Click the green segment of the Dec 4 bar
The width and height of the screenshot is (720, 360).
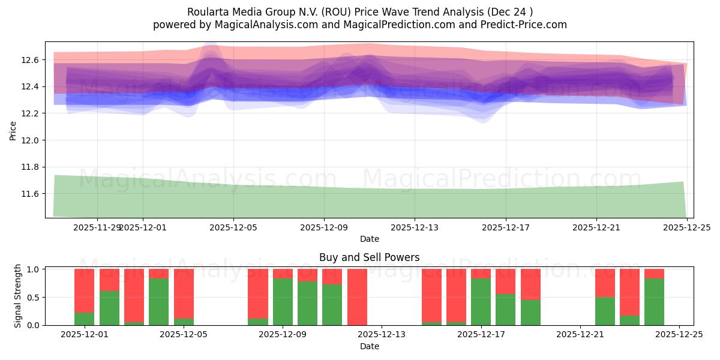click(x=158, y=302)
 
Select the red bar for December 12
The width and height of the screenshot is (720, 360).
click(x=357, y=296)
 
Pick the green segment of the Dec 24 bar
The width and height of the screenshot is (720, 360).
click(x=654, y=302)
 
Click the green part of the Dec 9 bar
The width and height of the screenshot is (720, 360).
click(x=283, y=302)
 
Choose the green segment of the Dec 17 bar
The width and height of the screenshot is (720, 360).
click(x=481, y=302)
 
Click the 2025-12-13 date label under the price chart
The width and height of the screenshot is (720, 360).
click(x=415, y=227)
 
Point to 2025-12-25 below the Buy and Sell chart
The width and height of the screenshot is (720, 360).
click(x=679, y=335)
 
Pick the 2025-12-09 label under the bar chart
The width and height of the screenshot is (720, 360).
click(x=283, y=335)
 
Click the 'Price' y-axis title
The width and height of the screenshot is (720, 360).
click(x=13, y=130)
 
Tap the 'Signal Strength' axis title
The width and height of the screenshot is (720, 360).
click(x=18, y=296)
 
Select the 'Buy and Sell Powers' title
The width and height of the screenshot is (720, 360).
click(x=369, y=257)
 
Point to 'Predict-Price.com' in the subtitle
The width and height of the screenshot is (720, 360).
click(x=526, y=25)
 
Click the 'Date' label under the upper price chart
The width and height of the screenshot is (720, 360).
click(x=369, y=239)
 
